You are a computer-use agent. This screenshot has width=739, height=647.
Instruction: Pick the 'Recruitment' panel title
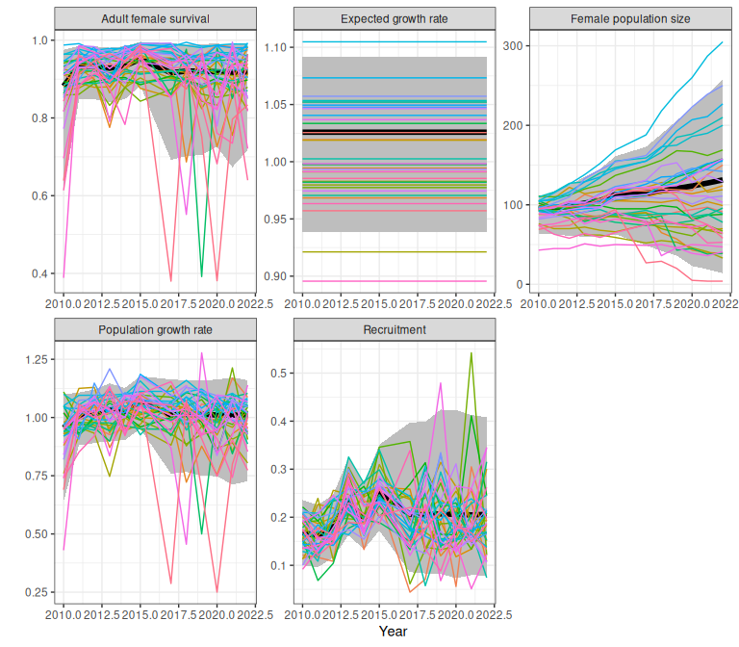[394, 329]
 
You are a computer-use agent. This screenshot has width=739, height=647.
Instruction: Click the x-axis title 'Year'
[393, 632]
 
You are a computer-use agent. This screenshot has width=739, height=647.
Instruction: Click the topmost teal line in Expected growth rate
[394, 41]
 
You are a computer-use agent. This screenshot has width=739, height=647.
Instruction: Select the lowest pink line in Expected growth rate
[394, 281]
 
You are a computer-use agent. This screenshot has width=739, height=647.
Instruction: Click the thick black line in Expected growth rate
[394, 131]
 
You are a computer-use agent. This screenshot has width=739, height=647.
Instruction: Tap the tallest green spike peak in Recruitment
[471, 353]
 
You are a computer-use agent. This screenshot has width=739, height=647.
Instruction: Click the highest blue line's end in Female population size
[723, 42]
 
